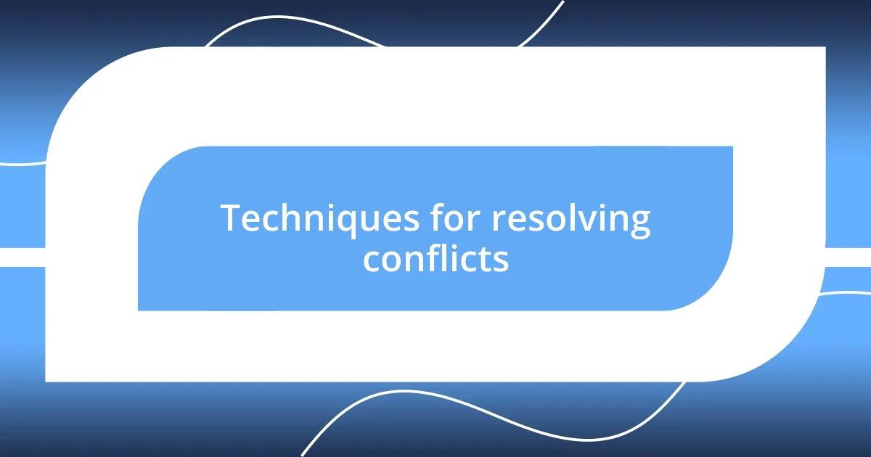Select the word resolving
571,220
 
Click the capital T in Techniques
230,218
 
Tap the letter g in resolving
639,223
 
